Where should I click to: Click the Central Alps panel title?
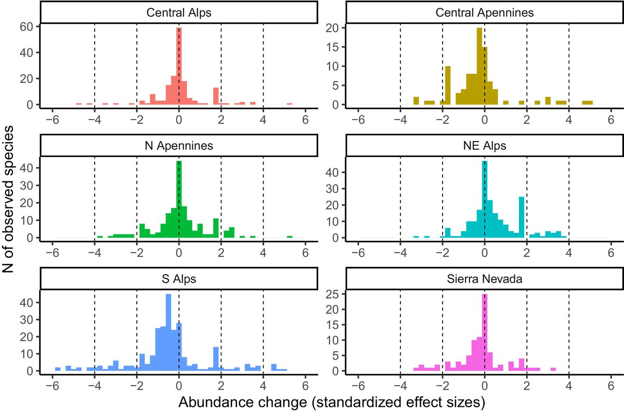[x=178, y=12]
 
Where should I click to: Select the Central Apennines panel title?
[x=484, y=12]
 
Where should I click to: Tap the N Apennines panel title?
[x=178, y=146]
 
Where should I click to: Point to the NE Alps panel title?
[x=484, y=146]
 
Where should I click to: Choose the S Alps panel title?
[x=178, y=279]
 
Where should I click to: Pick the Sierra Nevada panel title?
[x=484, y=279]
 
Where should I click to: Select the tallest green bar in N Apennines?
[x=179, y=200]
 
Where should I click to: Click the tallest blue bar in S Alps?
[x=168, y=333]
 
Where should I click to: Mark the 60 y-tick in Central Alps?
[x=28, y=27]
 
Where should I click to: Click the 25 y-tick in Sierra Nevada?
[x=334, y=295]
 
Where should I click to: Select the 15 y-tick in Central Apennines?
[x=334, y=47]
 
